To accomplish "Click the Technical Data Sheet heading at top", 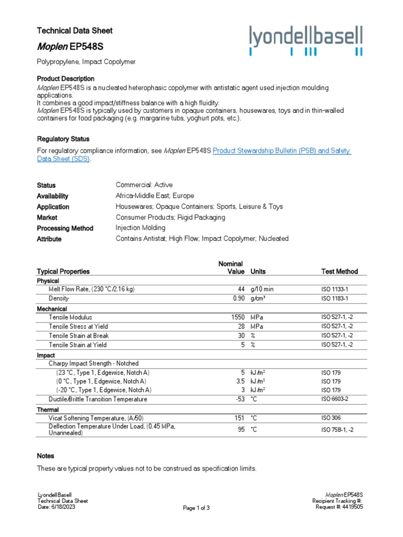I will [x=75, y=31].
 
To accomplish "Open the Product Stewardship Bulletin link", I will [x=281, y=151].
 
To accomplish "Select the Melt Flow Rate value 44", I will [x=241, y=289].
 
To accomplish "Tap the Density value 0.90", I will [x=239, y=298].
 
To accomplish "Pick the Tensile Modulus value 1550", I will [x=238, y=318].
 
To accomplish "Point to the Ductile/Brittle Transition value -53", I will [x=240, y=400].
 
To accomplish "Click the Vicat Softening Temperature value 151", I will [x=240, y=418].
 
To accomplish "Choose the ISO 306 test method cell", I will [x=332, y=418].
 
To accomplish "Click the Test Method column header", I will [x=339, y=272].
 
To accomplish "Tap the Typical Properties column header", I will [x=63, y=272].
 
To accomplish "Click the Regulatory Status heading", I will [x=63, y=139].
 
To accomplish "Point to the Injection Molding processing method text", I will [x=140, y=228].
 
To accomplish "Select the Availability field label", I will [x=52, y=196].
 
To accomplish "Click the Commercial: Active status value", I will [x=144, y=185].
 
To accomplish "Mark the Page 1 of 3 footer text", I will [x=196, y=508].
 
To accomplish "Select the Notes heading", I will [x=46, y=456].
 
